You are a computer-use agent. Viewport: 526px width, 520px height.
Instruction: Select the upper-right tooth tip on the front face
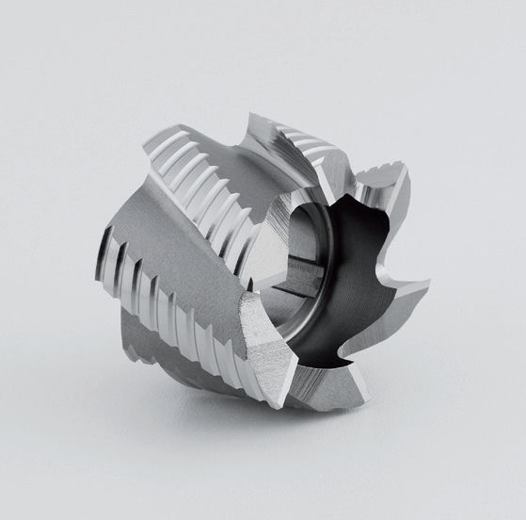pyautogui.click(x=407, y=168)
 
